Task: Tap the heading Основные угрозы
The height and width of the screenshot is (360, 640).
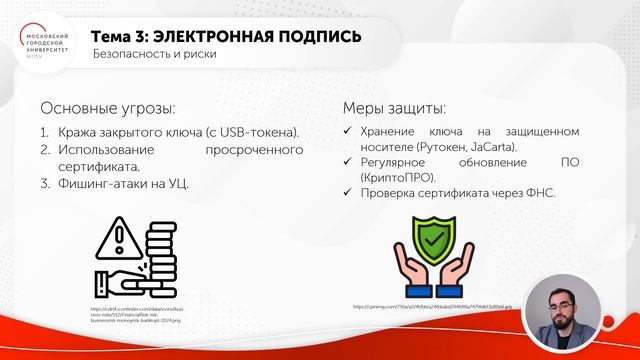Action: point(109,107)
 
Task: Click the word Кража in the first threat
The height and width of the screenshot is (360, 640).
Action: point(82,132)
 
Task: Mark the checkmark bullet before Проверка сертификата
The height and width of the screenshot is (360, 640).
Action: point(346,193)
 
